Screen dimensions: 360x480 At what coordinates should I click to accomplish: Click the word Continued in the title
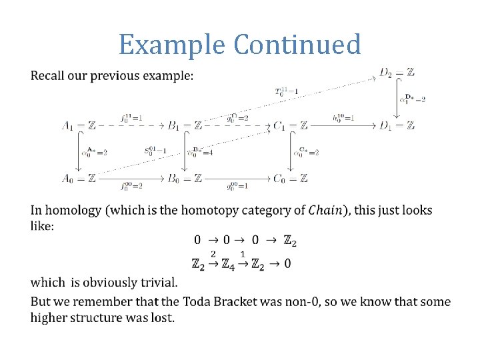[297, 45]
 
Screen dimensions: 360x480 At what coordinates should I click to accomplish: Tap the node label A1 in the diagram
[68, 125]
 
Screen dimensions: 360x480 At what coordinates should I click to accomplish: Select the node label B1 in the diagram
[175, 125]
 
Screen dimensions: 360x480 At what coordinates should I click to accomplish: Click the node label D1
[387, 125]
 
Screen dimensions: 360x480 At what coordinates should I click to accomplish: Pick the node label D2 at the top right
[387, 71]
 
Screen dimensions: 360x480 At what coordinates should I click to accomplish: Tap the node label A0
[68, 178]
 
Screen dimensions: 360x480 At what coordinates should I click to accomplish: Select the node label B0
[175, 178]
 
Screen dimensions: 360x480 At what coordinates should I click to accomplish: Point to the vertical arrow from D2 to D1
[398, 98]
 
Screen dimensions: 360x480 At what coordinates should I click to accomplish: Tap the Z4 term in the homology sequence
[227, 264]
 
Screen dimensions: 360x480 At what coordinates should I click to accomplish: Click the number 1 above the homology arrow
[242, 254]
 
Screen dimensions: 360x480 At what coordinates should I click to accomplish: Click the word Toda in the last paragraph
[196, 302]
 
